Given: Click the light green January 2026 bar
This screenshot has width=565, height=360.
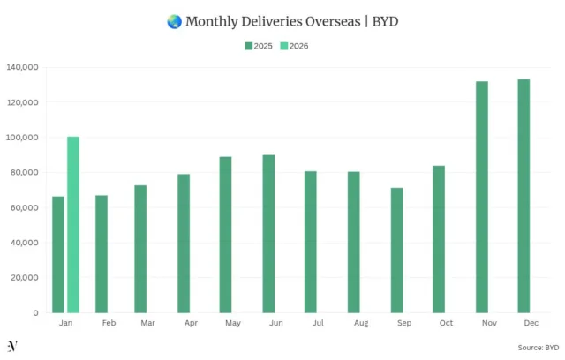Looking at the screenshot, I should [x=73, y=225].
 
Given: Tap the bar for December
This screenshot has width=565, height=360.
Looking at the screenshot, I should [x=524, y=196].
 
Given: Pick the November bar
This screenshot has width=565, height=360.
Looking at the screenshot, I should [x=482, y=197].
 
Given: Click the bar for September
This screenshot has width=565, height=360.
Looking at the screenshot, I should [x=396, y=250].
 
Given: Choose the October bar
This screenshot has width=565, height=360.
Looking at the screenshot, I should [x=439, y=239].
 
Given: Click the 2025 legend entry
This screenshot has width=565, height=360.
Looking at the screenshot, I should [x=258, y=46].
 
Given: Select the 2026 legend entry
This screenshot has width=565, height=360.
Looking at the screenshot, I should [x=294, y=46].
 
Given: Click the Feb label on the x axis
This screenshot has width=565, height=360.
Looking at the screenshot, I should [x=109, y=324].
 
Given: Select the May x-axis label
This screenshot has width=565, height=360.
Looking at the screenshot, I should [x=233, y=324].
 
